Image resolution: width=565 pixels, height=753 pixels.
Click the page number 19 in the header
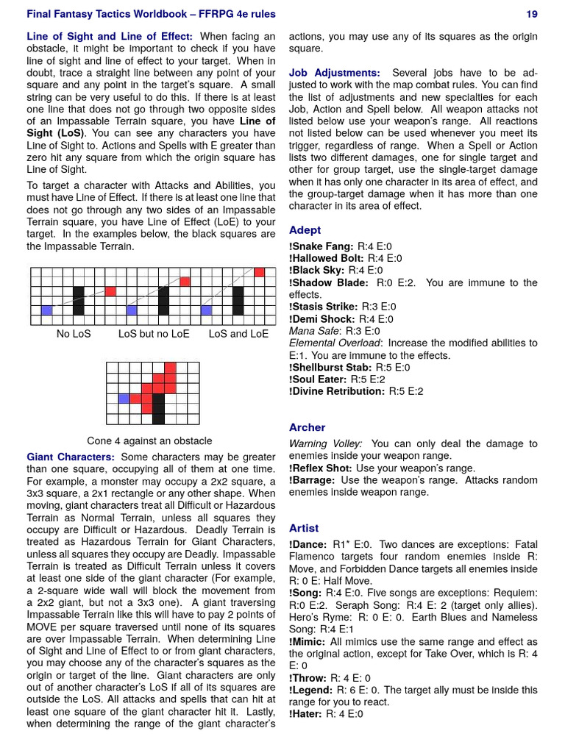coord(532,14)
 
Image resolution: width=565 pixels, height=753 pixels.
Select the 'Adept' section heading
coord(305,230)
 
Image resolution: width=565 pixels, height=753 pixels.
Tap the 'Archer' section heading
coord(307,427)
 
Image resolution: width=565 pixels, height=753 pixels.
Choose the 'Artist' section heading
coord(304,528)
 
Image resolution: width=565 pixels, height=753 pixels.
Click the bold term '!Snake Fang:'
coord(321,246)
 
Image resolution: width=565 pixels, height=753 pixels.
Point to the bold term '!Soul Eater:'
coord(318,379)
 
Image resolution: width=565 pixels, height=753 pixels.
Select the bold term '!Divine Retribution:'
coord(337,391)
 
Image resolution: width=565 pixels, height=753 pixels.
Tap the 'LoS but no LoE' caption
coord(154,334)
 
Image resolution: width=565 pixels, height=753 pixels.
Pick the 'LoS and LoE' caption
coord(238,334)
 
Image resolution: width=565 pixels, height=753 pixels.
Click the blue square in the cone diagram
coord(124,399)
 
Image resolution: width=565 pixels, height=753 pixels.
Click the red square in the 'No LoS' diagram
coord(110,291)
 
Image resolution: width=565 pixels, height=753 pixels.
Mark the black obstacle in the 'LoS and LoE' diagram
coord(238,301)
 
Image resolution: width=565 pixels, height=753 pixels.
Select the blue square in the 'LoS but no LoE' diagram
coord(132,310)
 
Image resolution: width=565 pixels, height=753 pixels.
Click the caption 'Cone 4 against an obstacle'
coord(149,440)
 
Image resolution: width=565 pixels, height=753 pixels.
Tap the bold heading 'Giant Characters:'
coord(71,457)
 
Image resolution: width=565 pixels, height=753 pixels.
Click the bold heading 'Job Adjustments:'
coord(335,73)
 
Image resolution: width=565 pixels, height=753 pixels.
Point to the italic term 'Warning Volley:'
coord(325,444)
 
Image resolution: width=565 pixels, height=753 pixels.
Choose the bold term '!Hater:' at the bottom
coord(306,713)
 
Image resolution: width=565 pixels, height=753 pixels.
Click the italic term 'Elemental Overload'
coord(335,343)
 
